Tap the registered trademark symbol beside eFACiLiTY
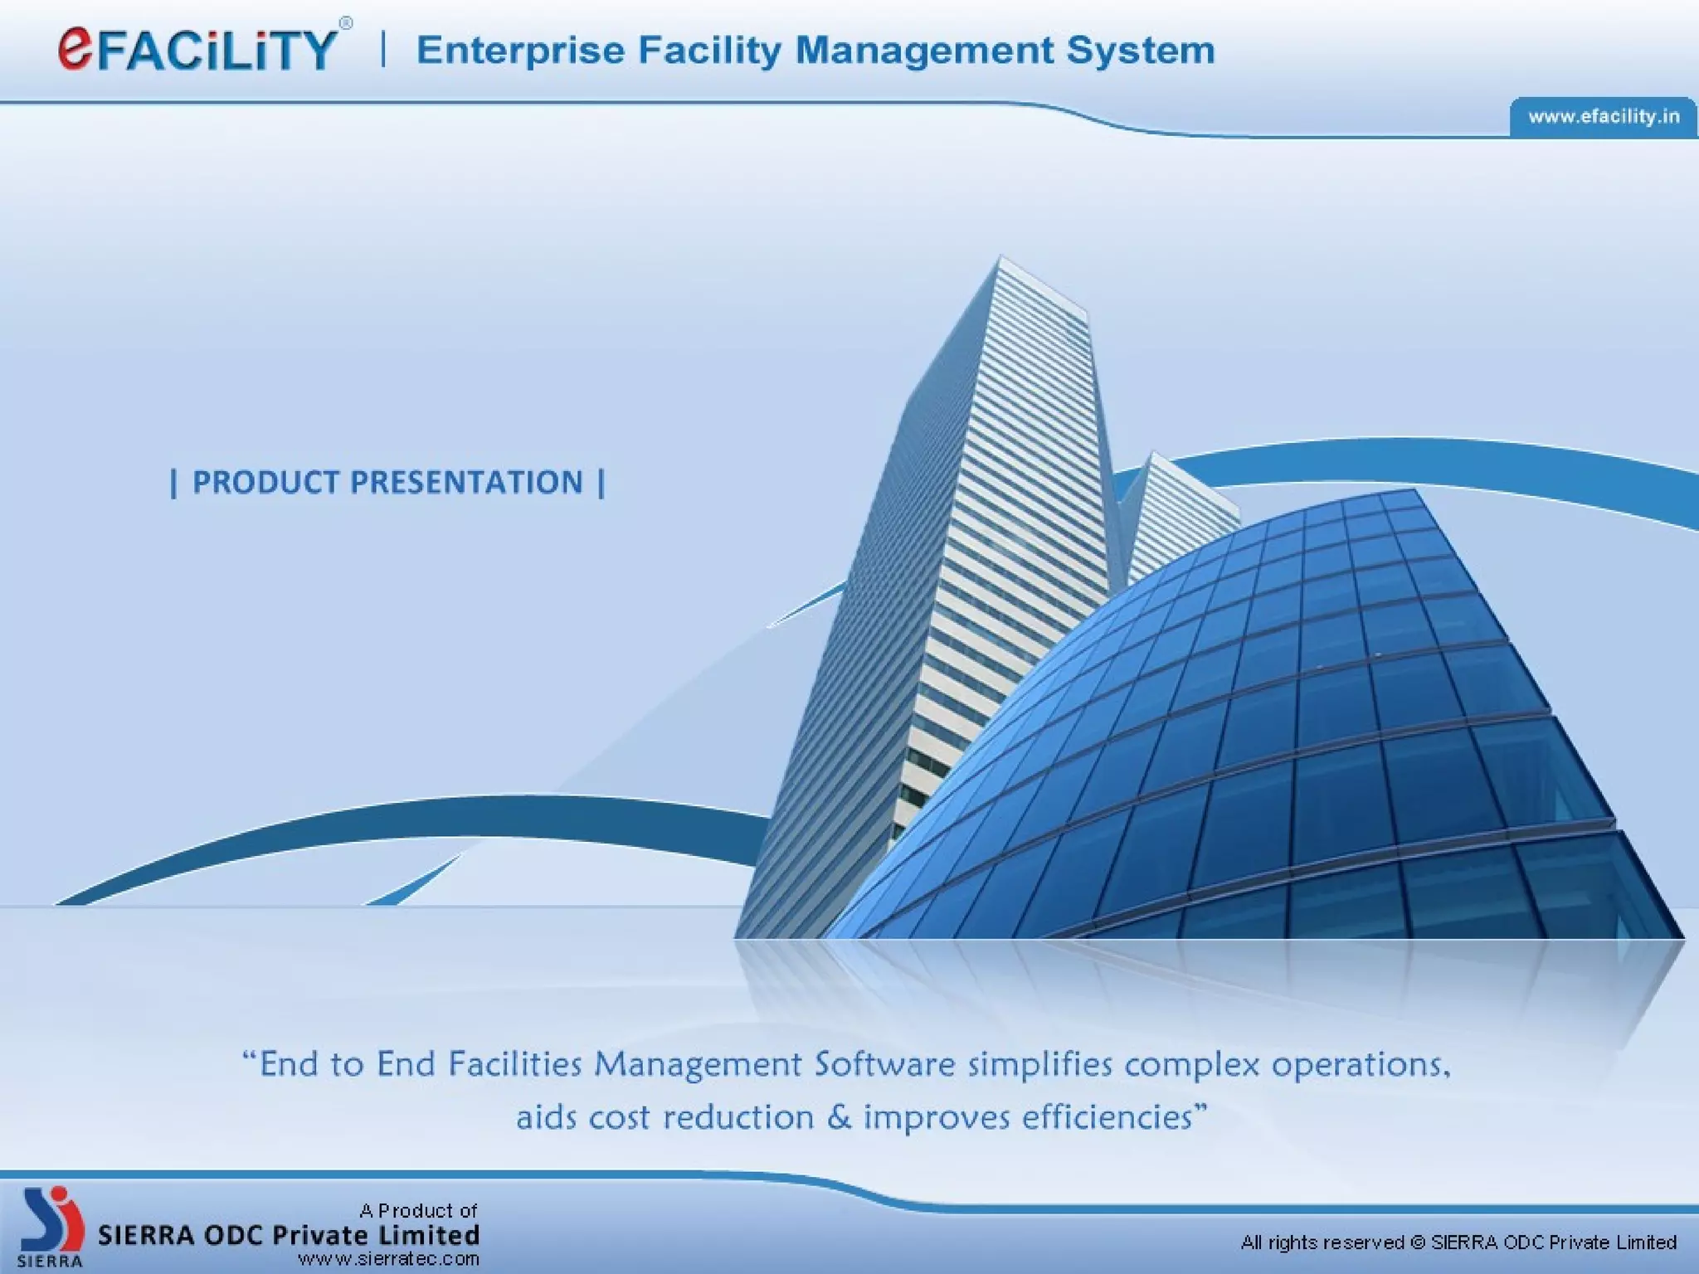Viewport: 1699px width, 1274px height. (346, 23)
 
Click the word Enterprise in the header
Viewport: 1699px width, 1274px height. (520, 51)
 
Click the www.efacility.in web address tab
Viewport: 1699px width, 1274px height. (1603, 117)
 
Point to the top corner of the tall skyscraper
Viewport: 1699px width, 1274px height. (1000, 260)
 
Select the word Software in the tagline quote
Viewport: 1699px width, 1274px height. (884, 1064)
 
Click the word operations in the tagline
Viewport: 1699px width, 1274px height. (1361, 1064)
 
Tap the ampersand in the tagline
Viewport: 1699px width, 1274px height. (839, 1117)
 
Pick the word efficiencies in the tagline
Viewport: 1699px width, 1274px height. (1112, 1117)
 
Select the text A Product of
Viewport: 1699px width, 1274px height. (418, 1210)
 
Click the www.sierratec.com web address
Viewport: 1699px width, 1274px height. (388, 1259)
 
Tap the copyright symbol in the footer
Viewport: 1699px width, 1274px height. (1417, 1242)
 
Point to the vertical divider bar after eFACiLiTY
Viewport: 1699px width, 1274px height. (383, 49)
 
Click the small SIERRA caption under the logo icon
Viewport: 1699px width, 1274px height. (50, 1262)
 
